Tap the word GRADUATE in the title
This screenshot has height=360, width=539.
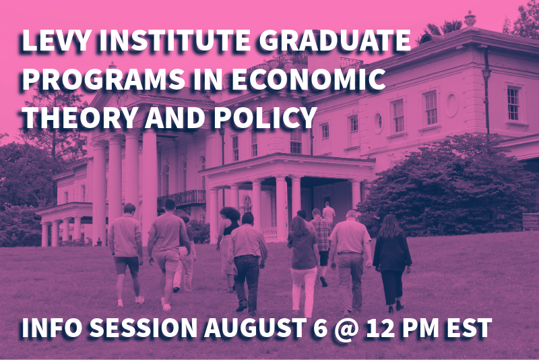point(335,40)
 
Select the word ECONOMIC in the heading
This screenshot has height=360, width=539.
point(309,79)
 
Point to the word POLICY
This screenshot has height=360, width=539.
point(265,117)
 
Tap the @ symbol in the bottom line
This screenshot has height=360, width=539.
point(346,329)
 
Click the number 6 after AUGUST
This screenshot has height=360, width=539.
point(321,328)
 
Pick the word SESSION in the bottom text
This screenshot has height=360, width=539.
point(144,328)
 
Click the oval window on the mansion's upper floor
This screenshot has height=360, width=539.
point(451,105)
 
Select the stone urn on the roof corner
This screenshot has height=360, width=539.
point(470,19)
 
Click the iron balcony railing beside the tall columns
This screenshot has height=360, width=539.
point(181,199)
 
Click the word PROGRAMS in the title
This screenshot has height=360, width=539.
point(104,79)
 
